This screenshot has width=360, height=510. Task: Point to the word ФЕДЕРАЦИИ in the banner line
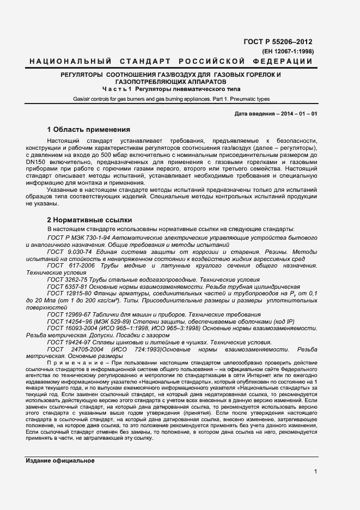(x=284, y=61)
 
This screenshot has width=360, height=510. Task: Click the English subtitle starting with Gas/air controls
(x=171, y=99)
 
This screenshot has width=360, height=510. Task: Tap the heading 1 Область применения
(x=89, y=130)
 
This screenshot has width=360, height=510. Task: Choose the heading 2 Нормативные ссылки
(x=89, y=220)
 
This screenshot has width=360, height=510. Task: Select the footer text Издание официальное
(x=60, y=461)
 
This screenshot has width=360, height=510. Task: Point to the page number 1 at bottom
(x=315, y=472)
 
